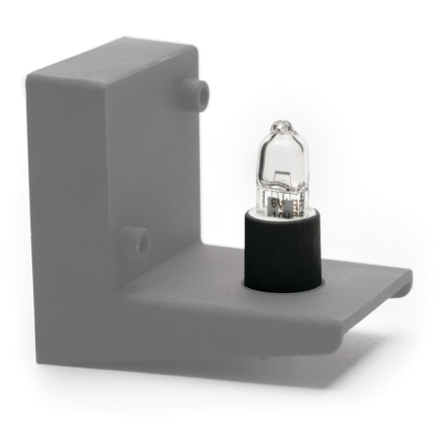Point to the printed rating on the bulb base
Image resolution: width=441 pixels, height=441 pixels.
point(282,204)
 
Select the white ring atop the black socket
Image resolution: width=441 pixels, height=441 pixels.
point(282,213)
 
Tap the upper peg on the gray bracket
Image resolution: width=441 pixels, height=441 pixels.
point(196,92)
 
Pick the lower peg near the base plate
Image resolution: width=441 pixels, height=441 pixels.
point(133,240)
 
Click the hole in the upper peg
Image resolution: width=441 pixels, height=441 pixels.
point(202,94)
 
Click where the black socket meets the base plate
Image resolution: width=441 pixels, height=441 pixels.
point(282,289)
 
